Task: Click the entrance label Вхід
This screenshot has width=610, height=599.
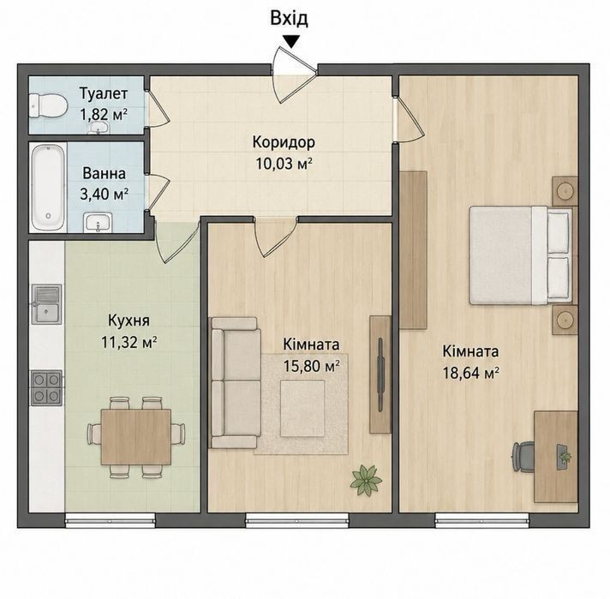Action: click(289, 18)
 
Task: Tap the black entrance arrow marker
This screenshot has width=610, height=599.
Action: click(291, 41)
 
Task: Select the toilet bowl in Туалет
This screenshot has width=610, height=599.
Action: click(48, 105)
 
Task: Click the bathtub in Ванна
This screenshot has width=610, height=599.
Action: click(48, 187)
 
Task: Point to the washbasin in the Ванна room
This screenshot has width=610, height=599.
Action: click(98, 223)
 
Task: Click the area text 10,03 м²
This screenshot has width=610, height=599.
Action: click(284, 164)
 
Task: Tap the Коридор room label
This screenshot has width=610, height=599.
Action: click(284, 142)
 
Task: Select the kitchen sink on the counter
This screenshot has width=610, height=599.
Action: click(46, 303)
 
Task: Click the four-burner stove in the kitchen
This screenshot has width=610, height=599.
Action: click(46, 387)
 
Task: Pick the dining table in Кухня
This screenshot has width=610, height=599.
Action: click(135, 437)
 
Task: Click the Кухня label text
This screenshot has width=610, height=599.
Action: click(129, 321)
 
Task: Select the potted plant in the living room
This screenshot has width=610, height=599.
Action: click(366, 480)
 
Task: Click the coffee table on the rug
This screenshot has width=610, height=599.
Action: click(302, 409)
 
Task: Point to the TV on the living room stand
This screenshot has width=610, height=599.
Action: click(380, 374)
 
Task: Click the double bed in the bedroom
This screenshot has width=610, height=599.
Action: click(521, 255)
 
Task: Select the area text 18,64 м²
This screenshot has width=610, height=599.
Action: click(471, 374)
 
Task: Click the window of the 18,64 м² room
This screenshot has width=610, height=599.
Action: click(482, 520)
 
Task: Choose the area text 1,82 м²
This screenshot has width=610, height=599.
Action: click(104, 115)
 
